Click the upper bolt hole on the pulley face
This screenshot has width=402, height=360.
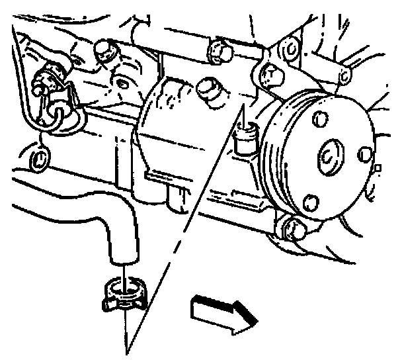(x=319, y=120)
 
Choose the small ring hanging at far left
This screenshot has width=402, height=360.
(x=40, y=158)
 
